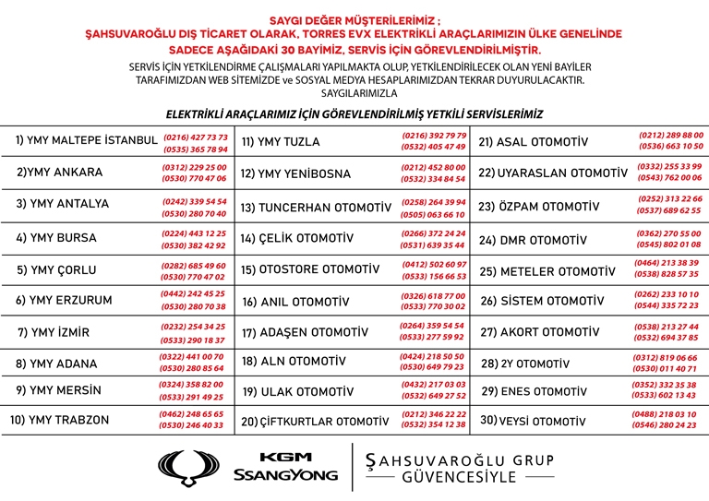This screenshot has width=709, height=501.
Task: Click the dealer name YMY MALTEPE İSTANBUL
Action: (x=87, y=140)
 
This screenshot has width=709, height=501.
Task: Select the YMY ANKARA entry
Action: (x=60, y=173)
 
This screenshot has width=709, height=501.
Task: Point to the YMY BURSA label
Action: (x=56, y=238)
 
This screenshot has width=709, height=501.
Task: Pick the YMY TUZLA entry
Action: (x=281, y=142)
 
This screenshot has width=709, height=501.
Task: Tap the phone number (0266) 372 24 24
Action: (x=433, y=233)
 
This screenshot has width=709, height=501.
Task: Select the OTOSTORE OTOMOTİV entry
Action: (x=310, y=270)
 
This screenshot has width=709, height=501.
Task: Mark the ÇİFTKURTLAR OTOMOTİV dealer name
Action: (x=314, y=423)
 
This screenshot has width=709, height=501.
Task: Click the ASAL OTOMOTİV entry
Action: (x=533, y=142)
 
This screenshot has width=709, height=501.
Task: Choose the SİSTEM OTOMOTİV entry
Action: (x=542, y=301)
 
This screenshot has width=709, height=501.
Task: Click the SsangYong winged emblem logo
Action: (x=190, y=467)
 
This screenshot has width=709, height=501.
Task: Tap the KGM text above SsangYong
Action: (x=285, y=457)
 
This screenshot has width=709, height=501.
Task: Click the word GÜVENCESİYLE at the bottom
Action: (x=459, y=478)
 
